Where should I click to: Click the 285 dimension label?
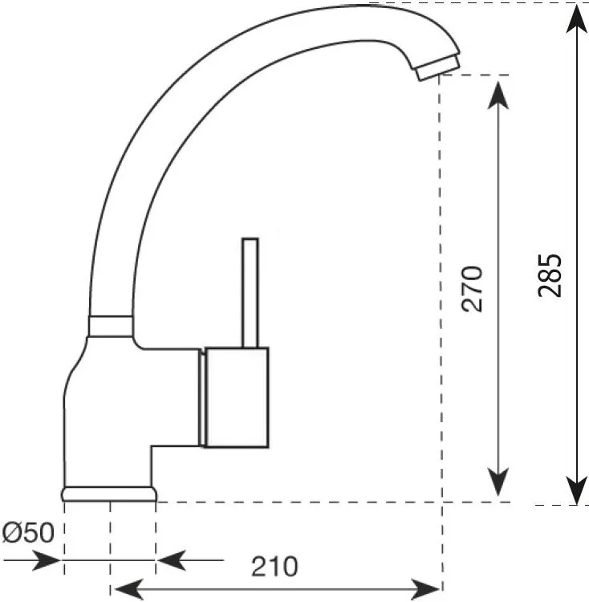pyautogui.click(x=550, y=275)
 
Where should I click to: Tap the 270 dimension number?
pyautogui.click(x=473, y=288)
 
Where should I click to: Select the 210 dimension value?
pyautogui.click(x=274, y=567)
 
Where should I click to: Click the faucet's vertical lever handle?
pyautogui.click(x=250, y=293)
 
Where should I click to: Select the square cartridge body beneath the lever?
pyautogui.click(x=237, y=397)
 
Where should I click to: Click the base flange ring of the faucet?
pyautogui.click(x=109, y=494)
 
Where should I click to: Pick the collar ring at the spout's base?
pyautogui.click(x=111, y=327)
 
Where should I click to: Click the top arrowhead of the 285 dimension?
pyautogui.click(x=577, y=19)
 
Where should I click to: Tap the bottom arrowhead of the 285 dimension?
pyautogui.click(x=577, y=490)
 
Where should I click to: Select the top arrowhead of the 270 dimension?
pyautogui.click(x=498, y=96)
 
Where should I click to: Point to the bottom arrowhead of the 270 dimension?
pyautogui.click(x=498, y=482)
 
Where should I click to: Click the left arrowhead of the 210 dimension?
pyautogui.click(x=129, y=589)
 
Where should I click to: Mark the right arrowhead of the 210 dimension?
pyautogui.click(x=425, y=589)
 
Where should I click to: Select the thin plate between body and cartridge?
pyautogui.click(x=202, y=398)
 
